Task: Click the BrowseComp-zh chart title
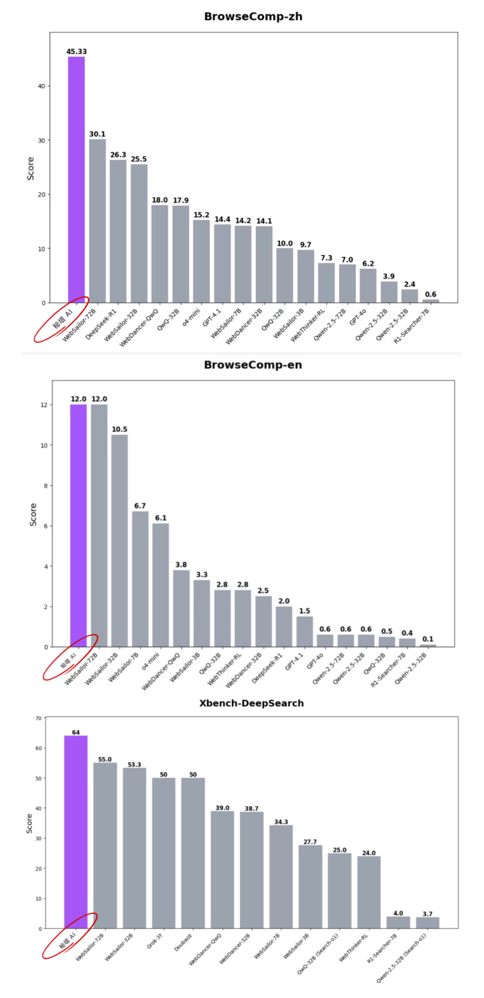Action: tap(253, 16)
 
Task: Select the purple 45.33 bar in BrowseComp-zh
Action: tap(76, 179)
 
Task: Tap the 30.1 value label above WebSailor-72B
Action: tap(97, 134)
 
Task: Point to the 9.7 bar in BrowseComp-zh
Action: tap(305, 276)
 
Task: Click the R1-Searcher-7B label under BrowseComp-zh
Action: tap(412, 326)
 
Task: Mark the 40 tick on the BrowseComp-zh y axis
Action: tap(41, 86)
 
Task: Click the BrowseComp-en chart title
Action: tap(253, 365)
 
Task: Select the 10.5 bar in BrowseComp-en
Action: tap(120, 540)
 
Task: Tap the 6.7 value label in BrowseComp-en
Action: tap(140, 506)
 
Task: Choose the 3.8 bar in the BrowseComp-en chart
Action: tap(181, 608)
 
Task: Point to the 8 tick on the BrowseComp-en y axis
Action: tap(46, 485)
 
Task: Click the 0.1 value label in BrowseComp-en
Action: tap(428, 639)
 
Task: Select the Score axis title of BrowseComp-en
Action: tap(33, 515)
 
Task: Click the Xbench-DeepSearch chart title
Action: tap(252, 703)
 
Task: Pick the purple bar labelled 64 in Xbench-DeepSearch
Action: tap(76, 831)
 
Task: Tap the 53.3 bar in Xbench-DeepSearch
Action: tap(134, 848)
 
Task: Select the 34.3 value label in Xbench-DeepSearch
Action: tap(281, 822)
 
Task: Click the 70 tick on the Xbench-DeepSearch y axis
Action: tap(38, 718)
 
